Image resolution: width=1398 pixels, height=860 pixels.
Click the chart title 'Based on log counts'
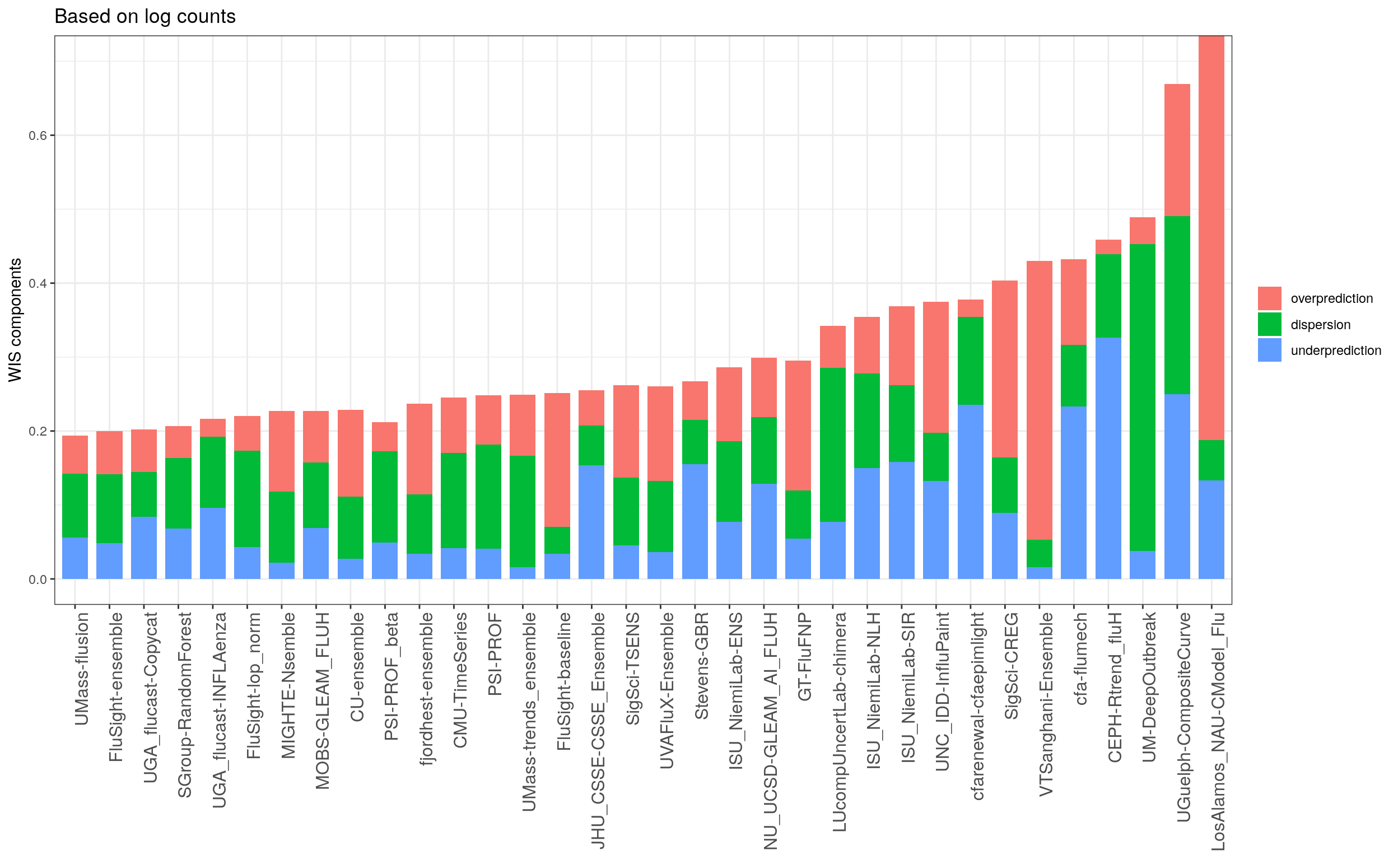click(x=145, y=16)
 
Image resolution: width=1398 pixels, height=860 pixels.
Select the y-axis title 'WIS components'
click(x=15, y=320)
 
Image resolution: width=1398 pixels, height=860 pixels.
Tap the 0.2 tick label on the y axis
click(x=38, y=431)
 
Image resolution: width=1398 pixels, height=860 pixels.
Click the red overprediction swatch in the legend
click(x=1269, y=298)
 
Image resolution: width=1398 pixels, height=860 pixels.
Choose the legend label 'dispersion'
click(x=1320, y=325)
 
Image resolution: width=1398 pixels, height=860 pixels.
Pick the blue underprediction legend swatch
click(x=1269, y=350)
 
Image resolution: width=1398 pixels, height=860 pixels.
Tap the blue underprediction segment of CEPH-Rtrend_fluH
click(x=1108, y=458)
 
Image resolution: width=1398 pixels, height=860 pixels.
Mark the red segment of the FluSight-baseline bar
click(x=557, y=460)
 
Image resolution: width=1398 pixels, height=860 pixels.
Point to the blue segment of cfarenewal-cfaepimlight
click(x=970, y=492)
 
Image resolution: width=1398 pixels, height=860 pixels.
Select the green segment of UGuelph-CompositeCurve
click(x=1177, y=305)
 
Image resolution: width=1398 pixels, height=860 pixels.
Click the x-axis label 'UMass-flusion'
click(x=82, y=669)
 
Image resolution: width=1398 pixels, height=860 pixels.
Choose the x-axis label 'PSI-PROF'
click(x=495, y=653)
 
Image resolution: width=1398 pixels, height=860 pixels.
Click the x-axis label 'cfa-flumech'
click(x=1080, y=658)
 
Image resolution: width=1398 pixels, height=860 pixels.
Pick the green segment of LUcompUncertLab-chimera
click(x=832, y=445)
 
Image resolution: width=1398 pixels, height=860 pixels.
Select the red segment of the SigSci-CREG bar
click(x=1004, y=368)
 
